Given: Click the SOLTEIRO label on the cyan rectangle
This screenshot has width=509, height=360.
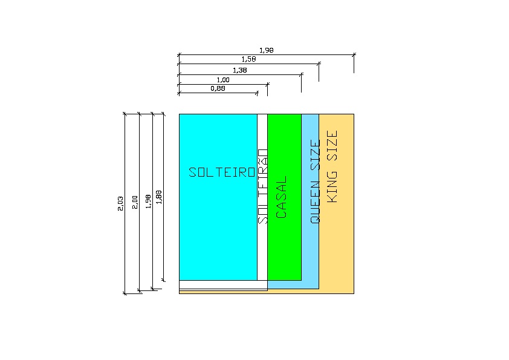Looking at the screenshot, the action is (x=222, y=172).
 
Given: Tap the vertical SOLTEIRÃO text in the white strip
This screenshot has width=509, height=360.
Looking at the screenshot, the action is (x=262, y=186).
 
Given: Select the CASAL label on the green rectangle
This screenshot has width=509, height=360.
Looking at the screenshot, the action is (x=282, y=197).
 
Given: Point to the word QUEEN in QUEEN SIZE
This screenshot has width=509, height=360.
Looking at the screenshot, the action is (x=314, y=203).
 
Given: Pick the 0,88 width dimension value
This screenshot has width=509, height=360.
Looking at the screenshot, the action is (x=218, y=89).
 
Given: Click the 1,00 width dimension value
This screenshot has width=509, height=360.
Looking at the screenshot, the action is (x=222, y=80).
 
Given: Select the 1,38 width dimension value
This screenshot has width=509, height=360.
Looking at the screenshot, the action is (x=239, y=70).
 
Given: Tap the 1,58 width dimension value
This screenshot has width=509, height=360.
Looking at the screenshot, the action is (x=248, y=59).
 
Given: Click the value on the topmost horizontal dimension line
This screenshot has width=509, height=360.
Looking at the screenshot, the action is (x=266, y=51).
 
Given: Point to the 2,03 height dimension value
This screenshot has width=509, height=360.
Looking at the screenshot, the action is (x=120, y=204).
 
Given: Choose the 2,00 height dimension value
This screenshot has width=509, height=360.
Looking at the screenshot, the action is (x=135, y=202).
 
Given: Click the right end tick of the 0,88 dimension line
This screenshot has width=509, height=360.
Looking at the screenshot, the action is (x=258, y=93).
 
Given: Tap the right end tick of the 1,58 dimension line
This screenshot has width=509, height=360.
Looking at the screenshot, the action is (x=319, y=63).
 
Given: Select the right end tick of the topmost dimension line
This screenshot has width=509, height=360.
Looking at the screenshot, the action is (x=354, y=54).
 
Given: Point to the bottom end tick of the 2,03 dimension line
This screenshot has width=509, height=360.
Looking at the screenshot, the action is (x=125, y=293).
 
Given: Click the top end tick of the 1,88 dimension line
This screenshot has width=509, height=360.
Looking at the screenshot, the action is (x=163, y=114).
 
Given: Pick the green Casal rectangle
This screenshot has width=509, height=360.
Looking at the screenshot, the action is (x=285, y=254).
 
